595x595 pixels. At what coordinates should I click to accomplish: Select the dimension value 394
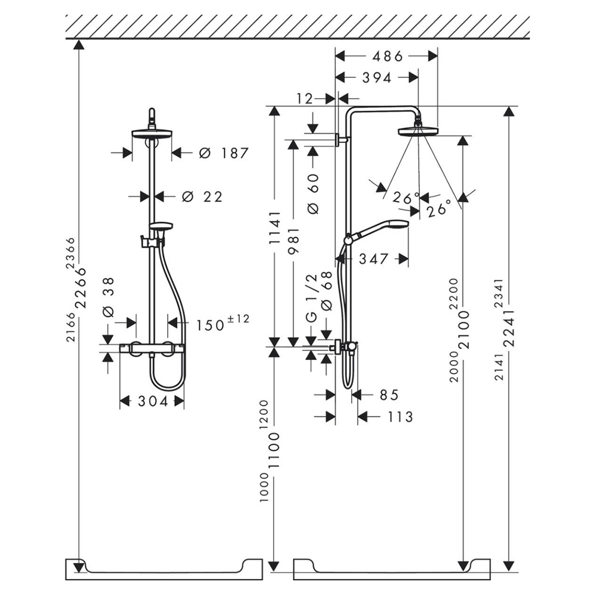(377, 77)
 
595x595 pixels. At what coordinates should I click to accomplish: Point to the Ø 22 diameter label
(202, 196)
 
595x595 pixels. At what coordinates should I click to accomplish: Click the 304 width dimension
(153, 402)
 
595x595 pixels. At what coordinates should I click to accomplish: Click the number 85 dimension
(387, 394)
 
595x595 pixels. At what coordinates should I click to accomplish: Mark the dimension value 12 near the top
(304, 98)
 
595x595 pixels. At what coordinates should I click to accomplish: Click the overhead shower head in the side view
(418, 129)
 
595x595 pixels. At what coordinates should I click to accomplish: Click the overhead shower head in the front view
(152, 134)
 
